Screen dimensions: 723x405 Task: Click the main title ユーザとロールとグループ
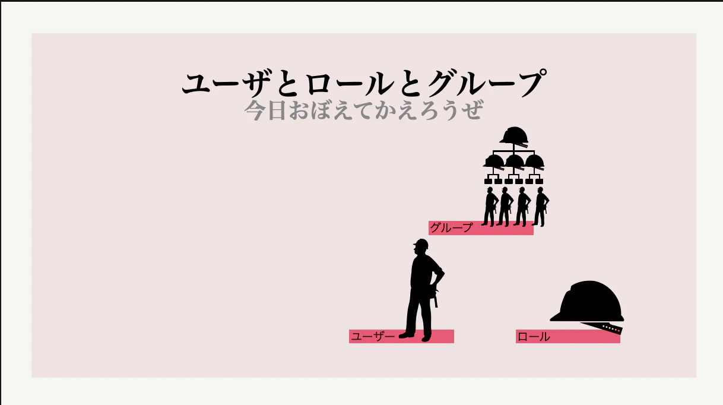point(364,83)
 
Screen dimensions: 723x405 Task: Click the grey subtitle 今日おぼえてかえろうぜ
point(364,110)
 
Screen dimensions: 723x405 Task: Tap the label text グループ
point(452,227)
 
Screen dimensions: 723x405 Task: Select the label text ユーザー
point(373,337)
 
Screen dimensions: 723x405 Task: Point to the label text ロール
point(534,337)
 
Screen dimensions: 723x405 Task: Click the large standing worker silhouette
point(422,290)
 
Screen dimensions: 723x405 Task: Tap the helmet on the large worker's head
point(421,244)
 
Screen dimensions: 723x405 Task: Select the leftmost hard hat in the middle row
point(493,162)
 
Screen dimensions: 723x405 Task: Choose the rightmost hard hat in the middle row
point(534,162)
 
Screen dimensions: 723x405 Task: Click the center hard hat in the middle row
point(514,162)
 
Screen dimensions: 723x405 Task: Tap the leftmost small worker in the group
point(490,207)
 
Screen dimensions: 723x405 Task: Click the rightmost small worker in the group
point(541,207)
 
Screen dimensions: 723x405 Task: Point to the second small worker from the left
point(505,207)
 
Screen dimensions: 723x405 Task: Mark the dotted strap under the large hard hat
point(602,328)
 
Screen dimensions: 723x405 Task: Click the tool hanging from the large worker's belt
point(436,299)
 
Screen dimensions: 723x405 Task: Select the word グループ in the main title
point(487,83)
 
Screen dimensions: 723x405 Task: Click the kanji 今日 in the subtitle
point(265,110)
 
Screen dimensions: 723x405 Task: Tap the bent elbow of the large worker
point(442,274)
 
